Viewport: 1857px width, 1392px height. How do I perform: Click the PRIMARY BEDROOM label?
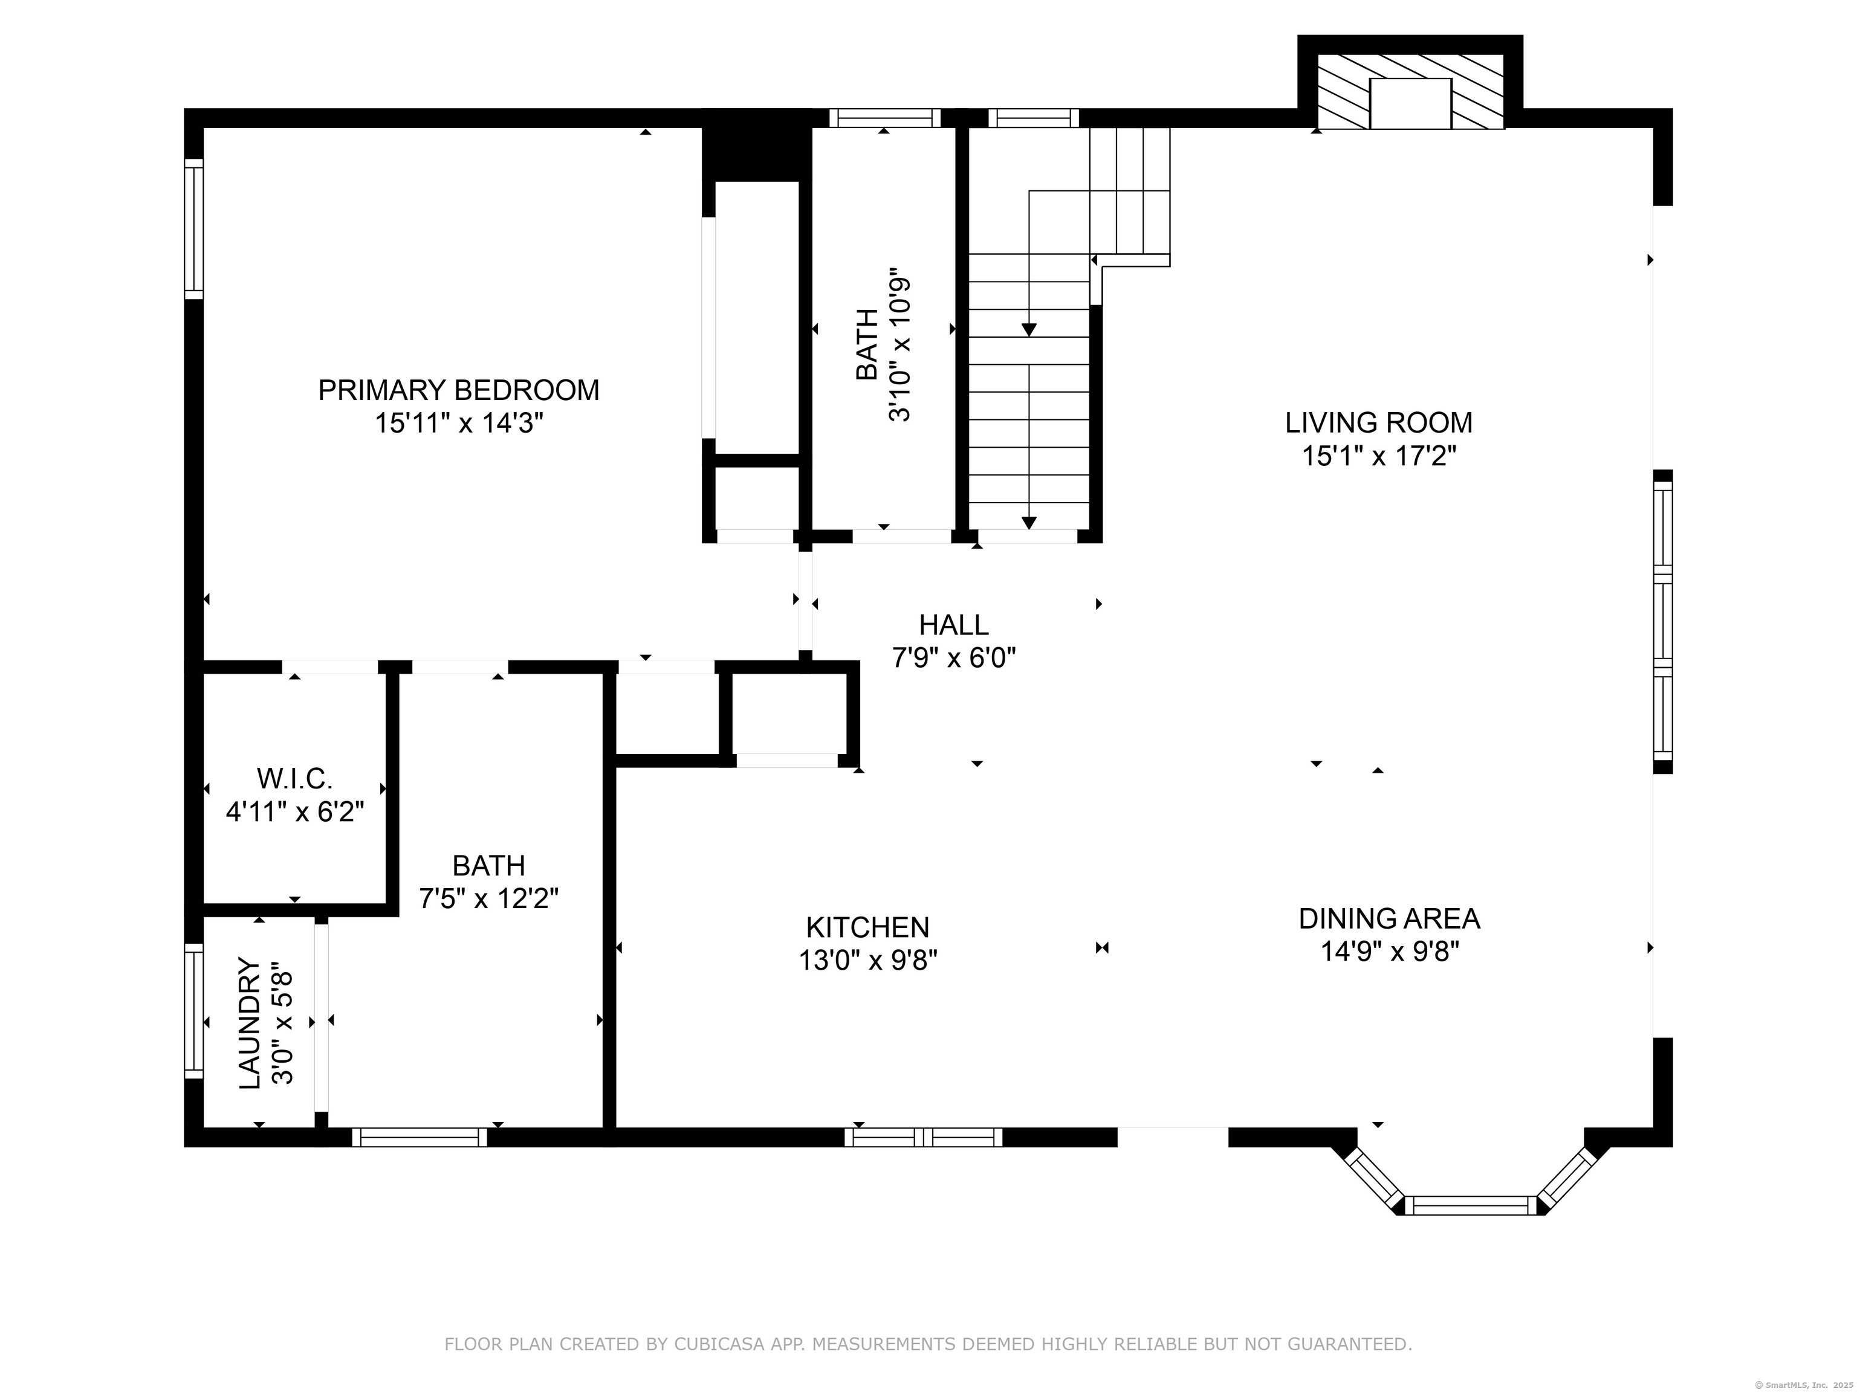(x=458, y=390)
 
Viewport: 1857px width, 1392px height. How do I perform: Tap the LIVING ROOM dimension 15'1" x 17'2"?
(x=1378, y=456)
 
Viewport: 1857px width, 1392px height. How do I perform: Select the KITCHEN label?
(x=867, y=927)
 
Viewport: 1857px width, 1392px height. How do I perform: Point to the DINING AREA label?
(x=1389, y=919)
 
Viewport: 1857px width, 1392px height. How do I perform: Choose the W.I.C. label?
(x=294, y=779)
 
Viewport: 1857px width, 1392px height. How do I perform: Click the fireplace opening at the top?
(x=1410, y=104)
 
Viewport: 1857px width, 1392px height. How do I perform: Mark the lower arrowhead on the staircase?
(x=1029, y=523)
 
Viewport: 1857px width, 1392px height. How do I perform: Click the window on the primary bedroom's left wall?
(x=194, y=228)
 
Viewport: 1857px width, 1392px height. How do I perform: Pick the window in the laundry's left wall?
(x=194, y=1010)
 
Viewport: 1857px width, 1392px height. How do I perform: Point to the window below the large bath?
(x=419, y=1137)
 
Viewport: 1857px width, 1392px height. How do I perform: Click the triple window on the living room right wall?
(x=1662, y=621)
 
